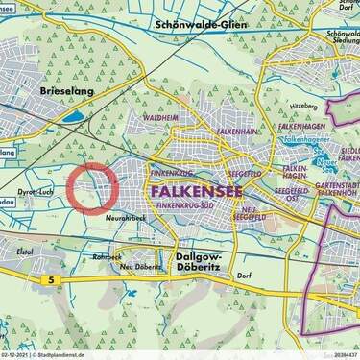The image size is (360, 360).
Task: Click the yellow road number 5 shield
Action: pyautogui.click(x=48, y=279)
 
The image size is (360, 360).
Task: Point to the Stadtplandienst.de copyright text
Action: pyautogui.click(x=57, y=355)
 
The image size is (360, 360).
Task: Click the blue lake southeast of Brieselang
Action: pyautogui.click(x=75, y=118)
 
